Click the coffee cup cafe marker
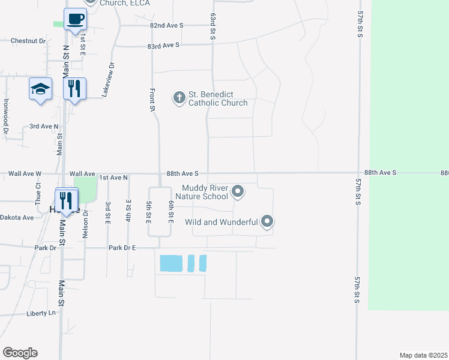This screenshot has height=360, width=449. tap(74, 19)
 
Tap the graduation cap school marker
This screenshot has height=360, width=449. tap(40, 89)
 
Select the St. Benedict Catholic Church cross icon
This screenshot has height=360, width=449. tap(179, 97)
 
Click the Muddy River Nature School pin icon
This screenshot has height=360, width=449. tap(238, 192)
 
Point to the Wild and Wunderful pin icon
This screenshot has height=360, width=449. tap(267, 222)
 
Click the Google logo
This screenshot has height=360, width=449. tap(20, 353)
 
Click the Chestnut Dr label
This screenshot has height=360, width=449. tap(28, 41)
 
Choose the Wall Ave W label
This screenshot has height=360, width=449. tap(25, 174)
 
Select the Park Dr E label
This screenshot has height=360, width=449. tap(122, 248)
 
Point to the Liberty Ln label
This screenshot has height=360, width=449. tap(41, 313)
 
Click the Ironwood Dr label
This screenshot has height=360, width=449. tap(6, 116)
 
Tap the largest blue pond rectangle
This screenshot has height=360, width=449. tap(171, 263)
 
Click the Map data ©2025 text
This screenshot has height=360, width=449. tap(424, 355)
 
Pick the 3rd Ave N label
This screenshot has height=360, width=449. tap(44, 127)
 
